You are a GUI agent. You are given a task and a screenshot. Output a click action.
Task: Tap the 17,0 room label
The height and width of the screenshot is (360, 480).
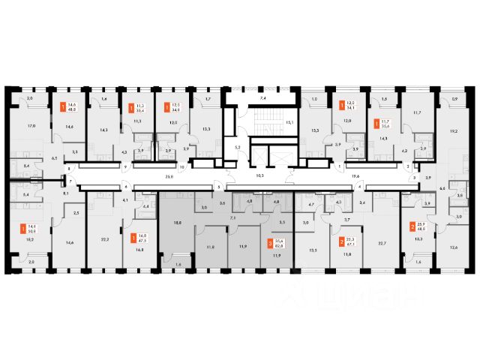point(31,126)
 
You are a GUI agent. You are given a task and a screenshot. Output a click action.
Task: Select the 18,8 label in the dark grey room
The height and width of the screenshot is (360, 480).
point(178,223)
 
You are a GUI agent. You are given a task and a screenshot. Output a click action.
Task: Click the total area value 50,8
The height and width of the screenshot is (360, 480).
point(31,232)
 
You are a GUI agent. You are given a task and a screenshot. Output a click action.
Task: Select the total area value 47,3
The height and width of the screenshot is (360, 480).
point(143,241)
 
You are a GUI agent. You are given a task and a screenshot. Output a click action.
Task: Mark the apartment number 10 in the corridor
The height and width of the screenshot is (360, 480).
point(181,187)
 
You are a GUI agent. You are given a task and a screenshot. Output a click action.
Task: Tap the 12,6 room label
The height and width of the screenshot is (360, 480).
point(453,247)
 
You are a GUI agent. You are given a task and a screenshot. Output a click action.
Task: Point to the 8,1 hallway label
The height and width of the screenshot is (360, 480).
point(67,194)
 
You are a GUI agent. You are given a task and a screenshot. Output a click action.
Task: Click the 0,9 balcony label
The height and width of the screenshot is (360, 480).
point(455,100)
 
